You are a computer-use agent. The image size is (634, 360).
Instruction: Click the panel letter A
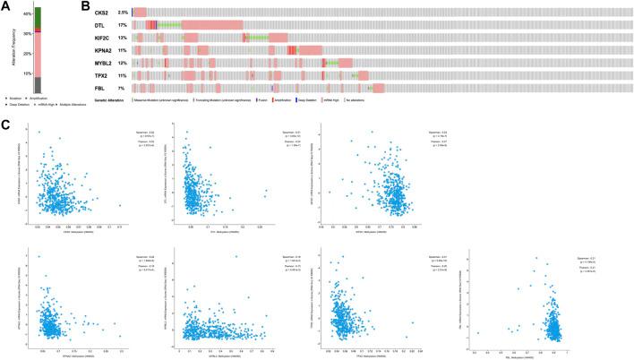tap(6, 6)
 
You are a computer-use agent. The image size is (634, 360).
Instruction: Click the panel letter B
tap(86, 6)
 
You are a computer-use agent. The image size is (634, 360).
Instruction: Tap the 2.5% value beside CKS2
tap(122, 12)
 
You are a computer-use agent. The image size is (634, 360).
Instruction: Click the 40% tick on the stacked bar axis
tap(26, 14)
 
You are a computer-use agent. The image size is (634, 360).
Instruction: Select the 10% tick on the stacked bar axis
tap(26, 73)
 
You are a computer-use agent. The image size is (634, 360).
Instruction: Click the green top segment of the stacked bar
tap(38, 19)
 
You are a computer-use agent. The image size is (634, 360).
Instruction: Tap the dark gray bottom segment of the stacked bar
tap(38, 84)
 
